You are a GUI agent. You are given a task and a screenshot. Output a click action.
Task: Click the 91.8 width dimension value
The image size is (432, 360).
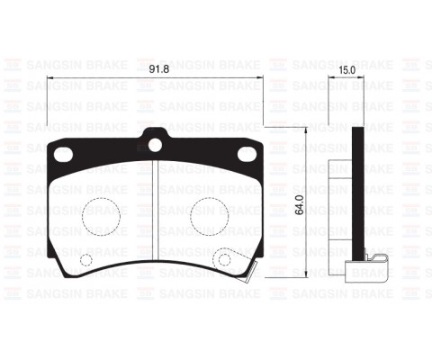157,67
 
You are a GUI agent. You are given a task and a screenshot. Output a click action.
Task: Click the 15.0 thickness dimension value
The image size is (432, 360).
346,67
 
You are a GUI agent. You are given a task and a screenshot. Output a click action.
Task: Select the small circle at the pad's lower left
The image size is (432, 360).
87,262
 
